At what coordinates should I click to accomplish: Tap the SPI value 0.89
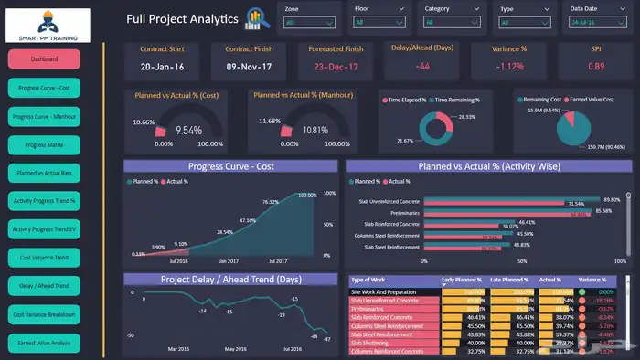(x=596, y=67)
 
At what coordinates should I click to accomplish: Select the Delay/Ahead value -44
(x=421, y=67)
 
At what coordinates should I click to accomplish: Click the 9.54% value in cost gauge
(x=189, y=131)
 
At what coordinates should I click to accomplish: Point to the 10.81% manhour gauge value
(x=315, y=131)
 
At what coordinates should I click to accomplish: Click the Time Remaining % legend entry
(x=456, y=99)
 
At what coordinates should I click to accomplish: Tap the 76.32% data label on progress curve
(x=271, y=202)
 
